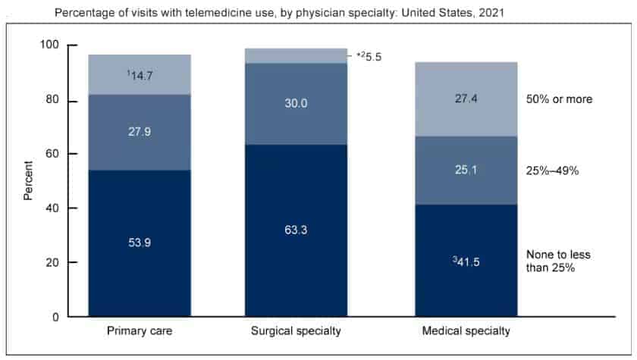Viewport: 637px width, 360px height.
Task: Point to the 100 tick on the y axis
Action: pyautogui.click(x=50, y=46)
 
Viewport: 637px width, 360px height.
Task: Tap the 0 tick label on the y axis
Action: pyautogui.click(x=56, y=317)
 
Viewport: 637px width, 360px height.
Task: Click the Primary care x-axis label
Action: pyautogui.click(x=139, y=332)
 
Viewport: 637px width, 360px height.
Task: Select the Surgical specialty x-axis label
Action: pyautogui.click(x=296, y=332)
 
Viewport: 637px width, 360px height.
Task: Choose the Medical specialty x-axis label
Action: pyautogui.click(x=465, y=332)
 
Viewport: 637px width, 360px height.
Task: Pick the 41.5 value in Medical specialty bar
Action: pyautogui.click(x=465, y=261)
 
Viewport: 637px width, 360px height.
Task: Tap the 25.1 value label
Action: pyautogui.click(x=466, y=171)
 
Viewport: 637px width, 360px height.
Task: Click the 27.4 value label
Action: pyautogui.click(x=466, y=99)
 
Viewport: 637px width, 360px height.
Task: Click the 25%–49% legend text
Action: pyautogui.click(x=551, y=171)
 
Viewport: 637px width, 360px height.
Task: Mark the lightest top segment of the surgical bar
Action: pyautogui.click(x=296, y=55)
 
